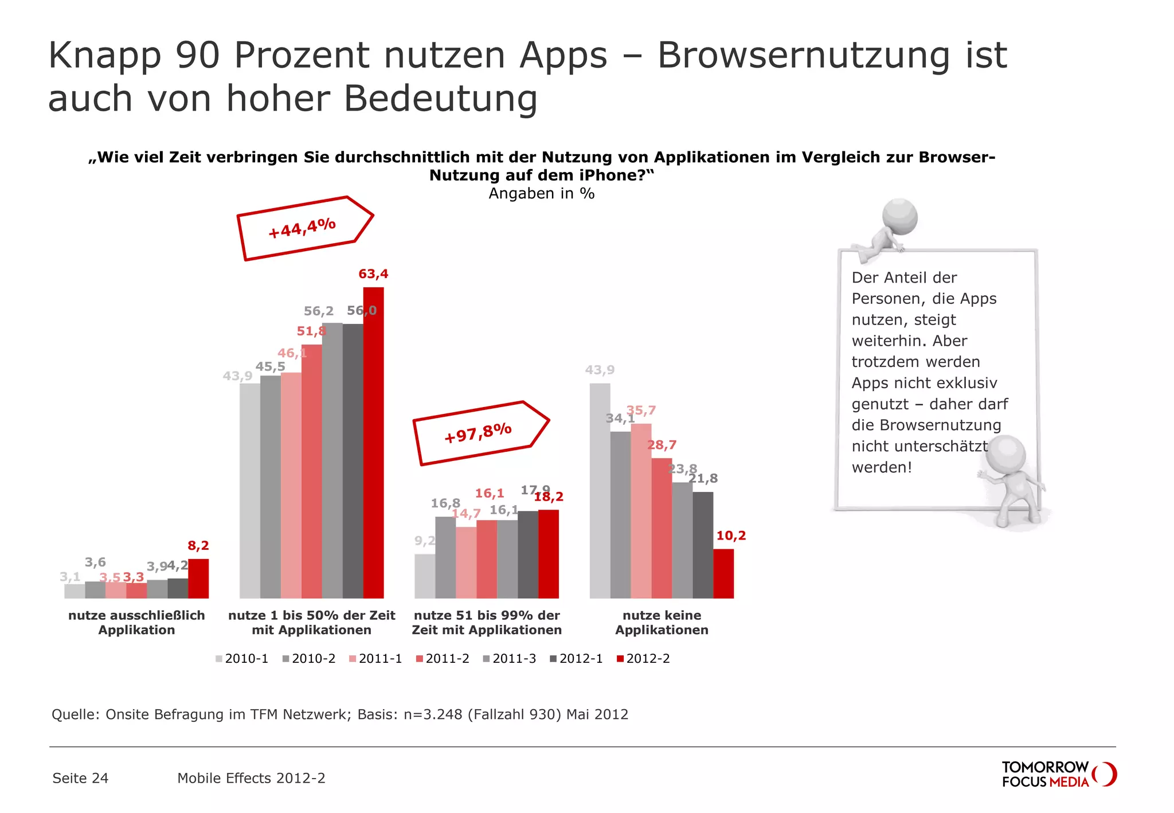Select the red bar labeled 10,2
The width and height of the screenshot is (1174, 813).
pyautogui.click(x=723, y=573)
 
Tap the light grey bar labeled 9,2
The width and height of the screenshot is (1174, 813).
pyautogui.click(x=425, y=576)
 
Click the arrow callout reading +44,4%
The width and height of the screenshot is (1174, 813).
pyautogui.click(x=304, y=228)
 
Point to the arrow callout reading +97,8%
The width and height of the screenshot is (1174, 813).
pyautogui.click(x=479, y=433)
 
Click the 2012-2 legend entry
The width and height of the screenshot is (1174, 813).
pyautogui.click(x=643, y=658)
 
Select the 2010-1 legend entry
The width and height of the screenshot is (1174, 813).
pyautogui.click(x=242, y=658)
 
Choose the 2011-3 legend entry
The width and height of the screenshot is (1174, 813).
pyautogui.click(x=510, y=658)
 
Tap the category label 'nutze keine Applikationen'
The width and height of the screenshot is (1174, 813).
pyautogui.click(x=662, y=622)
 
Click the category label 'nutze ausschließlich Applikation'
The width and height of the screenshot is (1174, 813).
pyautogui.click(x=136, y=622)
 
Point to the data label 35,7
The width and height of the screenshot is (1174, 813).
pyautogui.click(x=641, y=410)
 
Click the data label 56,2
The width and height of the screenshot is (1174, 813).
pyautogui.click(x=318, y=311)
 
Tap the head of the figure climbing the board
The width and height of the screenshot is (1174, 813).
pyautogui.click(x=899, y=217)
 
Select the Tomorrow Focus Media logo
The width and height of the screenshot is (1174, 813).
pyautogui.click(x=1058, y=774)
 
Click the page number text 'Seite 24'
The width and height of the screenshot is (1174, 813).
pyautogui.click(x=80, y=778)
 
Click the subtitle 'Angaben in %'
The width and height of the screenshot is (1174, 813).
pyautogui.click(x=541, y=194)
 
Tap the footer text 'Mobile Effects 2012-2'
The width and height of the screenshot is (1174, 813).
pyautogui.click(x=251, y=778)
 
